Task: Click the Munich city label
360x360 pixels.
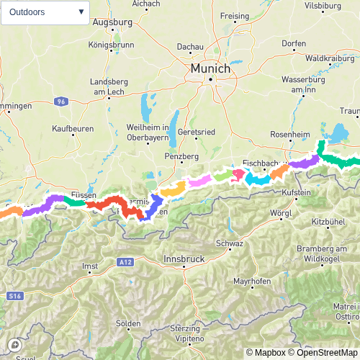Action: point(210,68)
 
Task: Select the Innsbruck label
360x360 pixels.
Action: point(185,258)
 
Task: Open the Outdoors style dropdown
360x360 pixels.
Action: point(46,12)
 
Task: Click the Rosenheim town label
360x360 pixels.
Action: point(289,135)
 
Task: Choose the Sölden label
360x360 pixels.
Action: point(128,323)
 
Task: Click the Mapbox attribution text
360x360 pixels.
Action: point(267,353)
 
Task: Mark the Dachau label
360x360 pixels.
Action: point(191,47)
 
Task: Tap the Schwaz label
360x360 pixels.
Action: point(229,244)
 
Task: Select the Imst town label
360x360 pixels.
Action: point(91,266)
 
